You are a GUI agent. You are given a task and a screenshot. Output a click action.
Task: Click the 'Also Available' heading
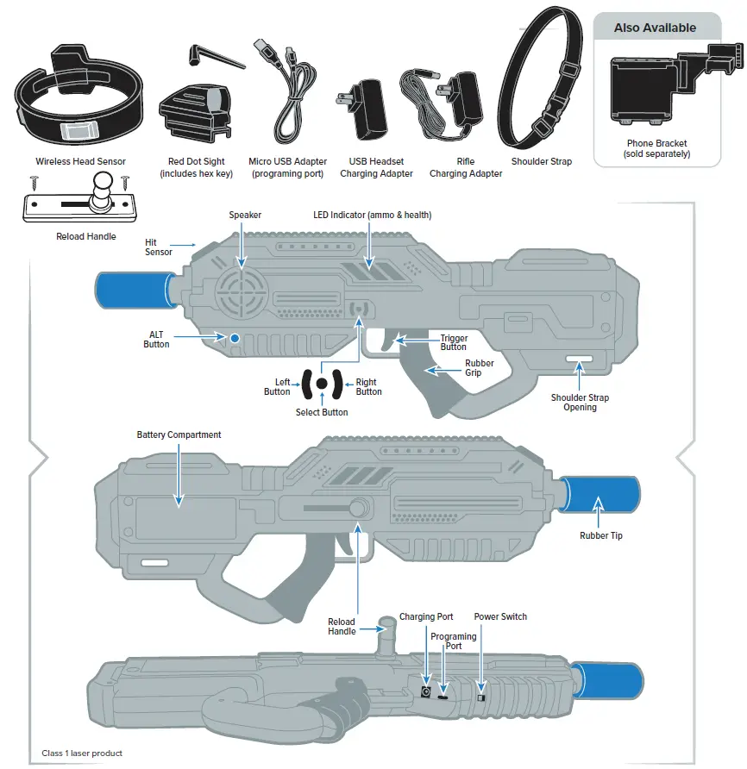click(x=655, y=28)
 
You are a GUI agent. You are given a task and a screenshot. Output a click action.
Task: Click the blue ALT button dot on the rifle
click(x=233, y=338)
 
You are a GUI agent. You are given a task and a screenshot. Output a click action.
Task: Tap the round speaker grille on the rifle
click(x=240, y=294)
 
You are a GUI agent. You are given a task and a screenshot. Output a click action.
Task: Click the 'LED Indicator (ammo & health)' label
click(x=372, y=215)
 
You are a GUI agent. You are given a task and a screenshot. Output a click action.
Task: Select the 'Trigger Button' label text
click(x=454, y=342)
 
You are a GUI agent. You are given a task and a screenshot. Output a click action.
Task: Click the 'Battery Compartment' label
click(x=179, y=435)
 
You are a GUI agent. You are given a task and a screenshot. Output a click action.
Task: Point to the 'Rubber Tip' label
click(x=600, y=535)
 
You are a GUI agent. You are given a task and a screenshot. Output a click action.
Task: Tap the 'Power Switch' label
click(x=500, y=616)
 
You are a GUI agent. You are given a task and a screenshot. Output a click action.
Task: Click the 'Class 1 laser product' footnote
click(x=82, y=753)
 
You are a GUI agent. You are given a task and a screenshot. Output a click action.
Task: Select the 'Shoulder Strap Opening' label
click(x=580, y=403)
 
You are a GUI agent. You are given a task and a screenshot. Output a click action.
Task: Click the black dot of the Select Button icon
click(x=321, y=384)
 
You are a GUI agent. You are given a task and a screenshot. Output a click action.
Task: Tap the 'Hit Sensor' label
click(x=158, y=247)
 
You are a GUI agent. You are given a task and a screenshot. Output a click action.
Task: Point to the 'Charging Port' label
click(x=426, y=616)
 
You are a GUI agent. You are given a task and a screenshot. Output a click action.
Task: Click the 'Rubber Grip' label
click(x=480, y=368)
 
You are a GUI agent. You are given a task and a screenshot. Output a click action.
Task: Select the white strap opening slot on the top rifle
click(x=579, y=359)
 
